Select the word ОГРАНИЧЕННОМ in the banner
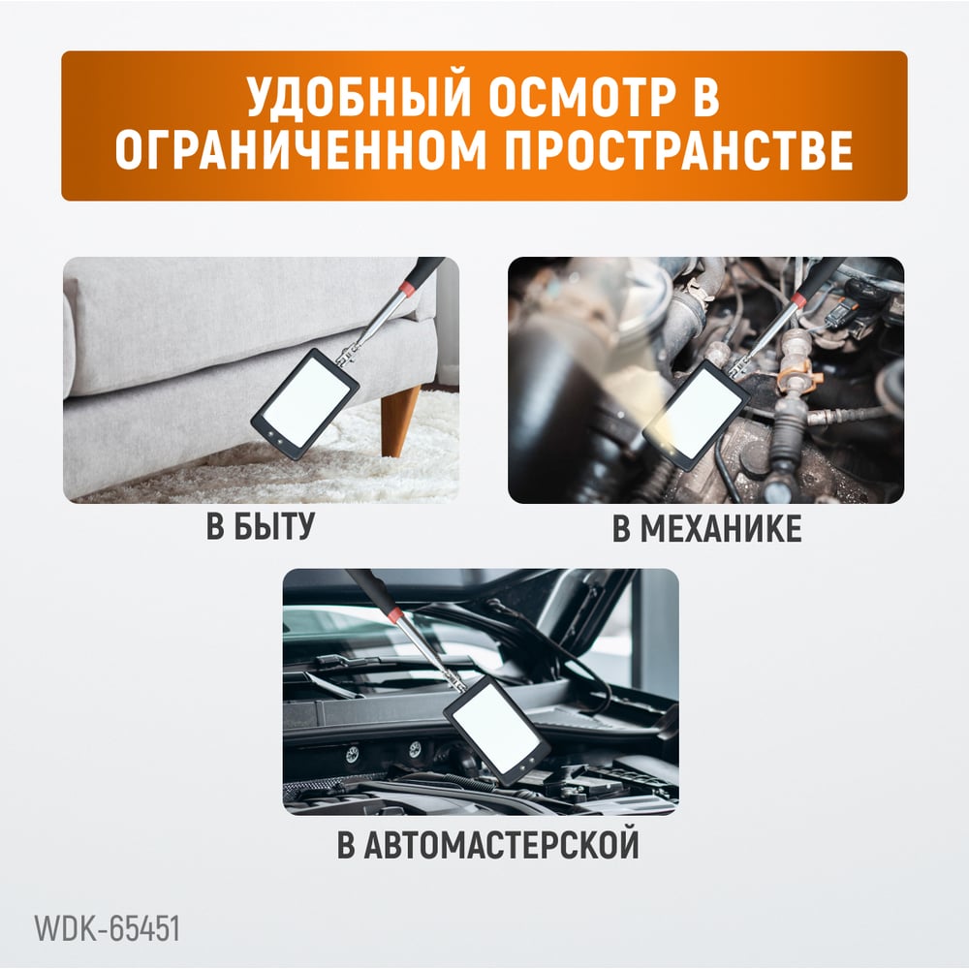(x=301, y=150)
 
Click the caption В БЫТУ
(x=261, y=526)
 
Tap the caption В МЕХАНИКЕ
(x=707, y=528)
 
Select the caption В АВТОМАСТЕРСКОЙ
(x=487, y=845)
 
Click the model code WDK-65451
(x=107, y=928)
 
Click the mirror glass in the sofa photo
(x=306, y=402)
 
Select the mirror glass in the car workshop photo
(x=497, y=729)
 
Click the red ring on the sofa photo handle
(x=407, y=288)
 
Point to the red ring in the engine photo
(x=799, y=300)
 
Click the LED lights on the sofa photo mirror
(x=276, y=439)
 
